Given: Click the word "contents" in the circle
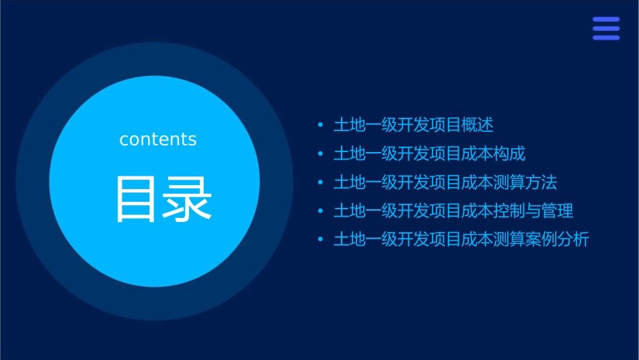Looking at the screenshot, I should pyautogui.click(x=158, y=139).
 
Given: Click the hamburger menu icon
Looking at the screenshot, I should pyautogui.click(x=606, y=29).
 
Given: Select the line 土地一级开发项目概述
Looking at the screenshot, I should pyautogui.click(x=414, y=125).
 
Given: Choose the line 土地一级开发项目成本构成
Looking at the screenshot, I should pyautogui.click(x=429, y=154).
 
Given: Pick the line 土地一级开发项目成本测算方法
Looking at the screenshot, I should pyautogui.click(x=445, y=182).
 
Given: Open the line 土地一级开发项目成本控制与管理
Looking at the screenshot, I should pyautogui.click(x=453, y=211).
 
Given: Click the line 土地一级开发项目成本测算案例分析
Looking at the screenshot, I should pyautogui.click(x=461, y=240).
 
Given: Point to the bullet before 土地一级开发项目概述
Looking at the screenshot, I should pyautogui.click(x=320, y=126).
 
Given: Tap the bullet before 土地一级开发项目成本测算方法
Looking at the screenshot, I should pyautogui.click(x=320, y=183).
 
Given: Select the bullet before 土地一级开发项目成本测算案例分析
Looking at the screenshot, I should pyautogui.click(x=320, y=240).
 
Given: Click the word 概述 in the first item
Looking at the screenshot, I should pyautogui.click(x=478, y=125).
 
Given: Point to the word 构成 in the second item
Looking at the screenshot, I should pyautogui.click(x=509, y=154).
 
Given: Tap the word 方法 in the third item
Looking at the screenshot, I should pyautogui.click(x=541, y=182).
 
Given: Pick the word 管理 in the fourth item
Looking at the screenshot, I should pyautogui.click(x=558, y=211).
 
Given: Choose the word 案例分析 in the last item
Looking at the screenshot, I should pyautogui.click(x=558, y=240).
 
